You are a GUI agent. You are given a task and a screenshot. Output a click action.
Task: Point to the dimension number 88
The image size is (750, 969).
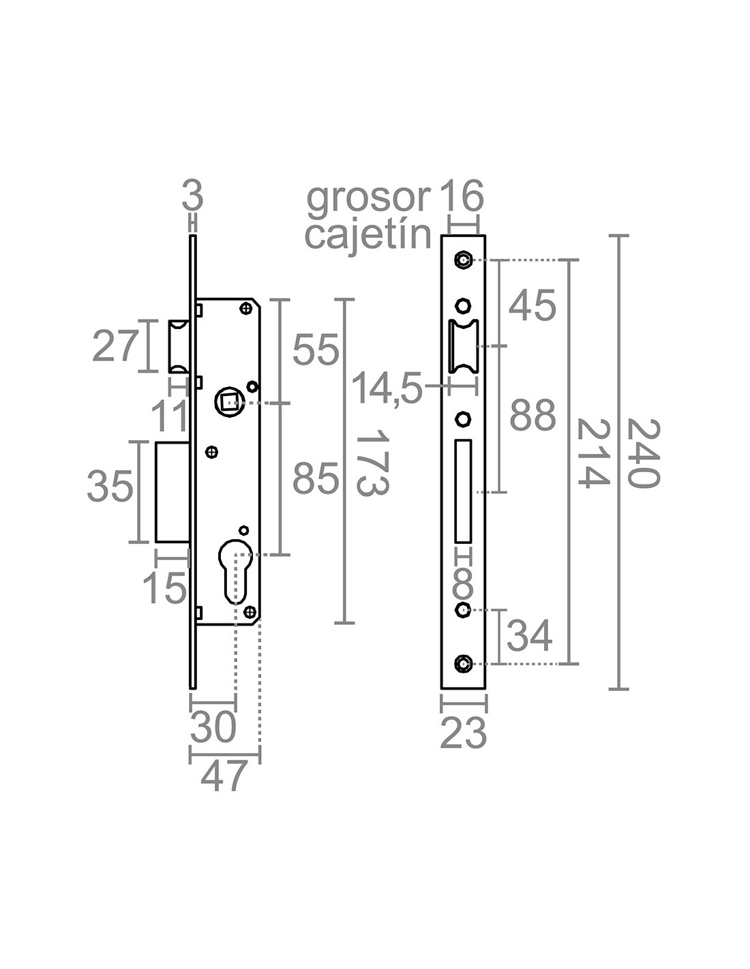[x=532, y=416]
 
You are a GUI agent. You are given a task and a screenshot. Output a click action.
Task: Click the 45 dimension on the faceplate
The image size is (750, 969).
[x=532, y=305]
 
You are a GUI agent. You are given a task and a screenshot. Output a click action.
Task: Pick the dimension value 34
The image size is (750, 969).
[x=530, y=637]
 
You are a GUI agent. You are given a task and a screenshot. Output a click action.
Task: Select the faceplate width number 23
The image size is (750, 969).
[x=464, y=733]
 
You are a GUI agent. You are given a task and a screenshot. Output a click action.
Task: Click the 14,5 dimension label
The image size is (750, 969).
[x=387, y=390]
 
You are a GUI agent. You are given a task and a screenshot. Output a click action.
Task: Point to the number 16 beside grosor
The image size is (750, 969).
[x=461, y=196]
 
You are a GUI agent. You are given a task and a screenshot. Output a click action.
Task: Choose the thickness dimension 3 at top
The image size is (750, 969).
[x=193, y=197]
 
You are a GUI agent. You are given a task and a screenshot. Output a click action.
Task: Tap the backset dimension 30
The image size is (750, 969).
[x=213, y=728]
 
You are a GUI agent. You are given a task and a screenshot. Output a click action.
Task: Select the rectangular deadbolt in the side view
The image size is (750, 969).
[x=172, y=492]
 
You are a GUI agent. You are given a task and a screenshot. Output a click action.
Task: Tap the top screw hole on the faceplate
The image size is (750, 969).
[x=464, y=260]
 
